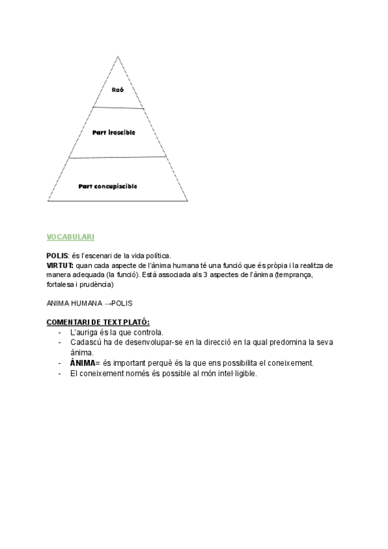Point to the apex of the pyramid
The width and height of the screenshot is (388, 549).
[118, 56]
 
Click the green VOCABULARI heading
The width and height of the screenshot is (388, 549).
[71, 238]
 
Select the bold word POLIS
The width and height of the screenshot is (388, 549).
[58, 256]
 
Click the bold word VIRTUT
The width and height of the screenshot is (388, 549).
[60, 266]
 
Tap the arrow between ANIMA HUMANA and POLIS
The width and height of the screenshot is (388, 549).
[107, 303]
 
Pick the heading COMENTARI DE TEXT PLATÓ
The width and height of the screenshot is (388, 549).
[98, 322]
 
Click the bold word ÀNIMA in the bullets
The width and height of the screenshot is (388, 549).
[82, 363]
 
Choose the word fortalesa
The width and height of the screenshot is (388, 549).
[62, 285]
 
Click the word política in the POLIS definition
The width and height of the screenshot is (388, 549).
[156, 256]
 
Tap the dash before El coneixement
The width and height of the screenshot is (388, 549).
[59, 374]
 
